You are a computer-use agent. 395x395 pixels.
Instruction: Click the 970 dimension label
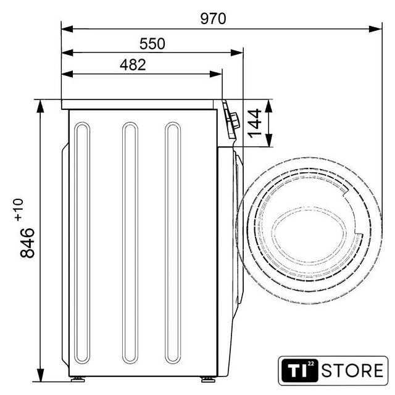coord(213,19)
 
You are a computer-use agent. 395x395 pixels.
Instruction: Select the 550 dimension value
coord(152,44)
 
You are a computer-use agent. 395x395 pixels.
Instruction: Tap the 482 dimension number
coord(133,65)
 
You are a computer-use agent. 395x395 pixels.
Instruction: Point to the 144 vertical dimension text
coord(255,123)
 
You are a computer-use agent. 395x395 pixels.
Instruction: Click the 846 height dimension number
coord(27,243)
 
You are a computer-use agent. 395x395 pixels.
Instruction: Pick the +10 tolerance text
coord(19,210)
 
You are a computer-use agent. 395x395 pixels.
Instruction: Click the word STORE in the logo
coord(352,370)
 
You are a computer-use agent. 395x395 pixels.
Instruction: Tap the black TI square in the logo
coord(299,370)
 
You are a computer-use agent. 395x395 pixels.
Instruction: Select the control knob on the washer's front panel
coord(235,121)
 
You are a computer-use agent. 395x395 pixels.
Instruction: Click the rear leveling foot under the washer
coord(78,379)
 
